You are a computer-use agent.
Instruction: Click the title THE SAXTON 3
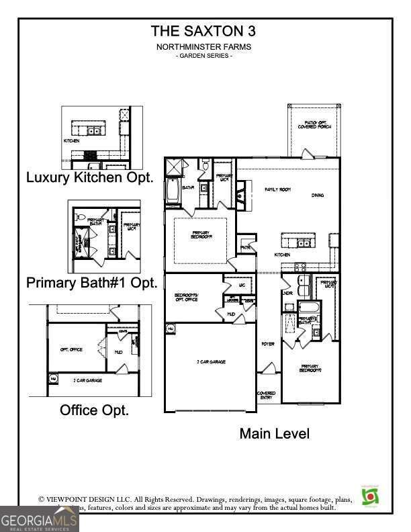pyautogui.click(x=203, y=31)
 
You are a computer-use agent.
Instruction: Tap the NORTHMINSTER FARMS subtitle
pyautogui.click(x=203, y=47)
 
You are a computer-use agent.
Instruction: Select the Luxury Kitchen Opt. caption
pyautogui.click(x=90, y=178)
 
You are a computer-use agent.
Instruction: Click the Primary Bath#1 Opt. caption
pyautogui.click(x=92, y=283)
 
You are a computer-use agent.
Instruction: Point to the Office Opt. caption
pyautogui.click(x=95, y=410)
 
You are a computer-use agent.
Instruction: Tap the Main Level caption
pyautogui.click(x=275, y=434)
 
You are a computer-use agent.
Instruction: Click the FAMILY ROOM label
pyautogui.click(x=277, y=190)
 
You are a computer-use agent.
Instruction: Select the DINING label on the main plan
pyautogui.click(x=318, y=195)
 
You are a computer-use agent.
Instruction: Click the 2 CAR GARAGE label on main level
pyautogui.click(x=211, y=362)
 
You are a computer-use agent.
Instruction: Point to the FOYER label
pyautogui.click(x=268, y=344)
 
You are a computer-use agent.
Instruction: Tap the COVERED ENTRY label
pyautogui.click(x=267, y=396)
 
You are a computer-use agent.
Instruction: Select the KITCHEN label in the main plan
pyautogui.click(x=282, y=255)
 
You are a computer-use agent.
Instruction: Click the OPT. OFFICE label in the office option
pyautogui.click(x=71, y=351)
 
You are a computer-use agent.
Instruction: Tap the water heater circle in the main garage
pyautogui.click(x=171, y=328)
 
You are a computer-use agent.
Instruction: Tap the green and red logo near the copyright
pyautogui.click(x=369, y=496)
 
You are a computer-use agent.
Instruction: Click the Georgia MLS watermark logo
pyautogui.click(x=39, y=519)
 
